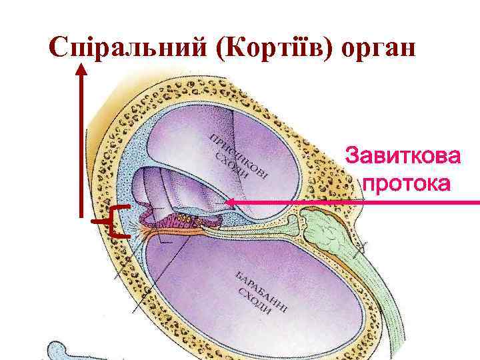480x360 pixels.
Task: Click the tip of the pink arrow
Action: (226, 202)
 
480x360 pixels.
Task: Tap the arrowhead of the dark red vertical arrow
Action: (82, 68)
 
